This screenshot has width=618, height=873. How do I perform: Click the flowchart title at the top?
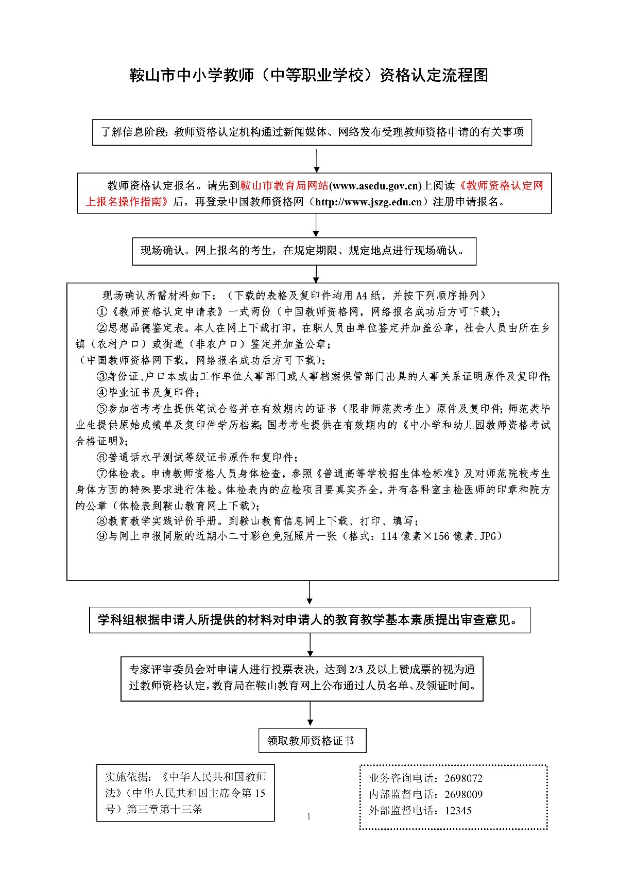[x=308, y=76]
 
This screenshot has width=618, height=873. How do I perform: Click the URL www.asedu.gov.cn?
[x=375, y=186]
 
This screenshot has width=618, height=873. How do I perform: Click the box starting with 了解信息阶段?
[x=312, y=132]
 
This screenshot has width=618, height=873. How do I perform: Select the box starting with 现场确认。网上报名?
[x=304, y=251]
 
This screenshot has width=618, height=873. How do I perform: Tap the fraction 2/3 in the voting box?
[x=356, y=670]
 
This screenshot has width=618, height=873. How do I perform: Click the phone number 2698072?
[x=463, y=778]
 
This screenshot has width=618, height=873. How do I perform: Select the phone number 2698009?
[x=463, y=794]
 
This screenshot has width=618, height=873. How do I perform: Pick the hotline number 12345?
[x=458, y=810]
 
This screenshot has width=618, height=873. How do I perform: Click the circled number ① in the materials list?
[x=101, y=312]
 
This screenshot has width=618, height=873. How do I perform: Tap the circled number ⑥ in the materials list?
[x=101, y=457]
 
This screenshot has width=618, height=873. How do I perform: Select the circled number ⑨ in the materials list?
[x=101, y=536]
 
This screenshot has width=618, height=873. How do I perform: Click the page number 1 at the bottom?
[x=309, y=816]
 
